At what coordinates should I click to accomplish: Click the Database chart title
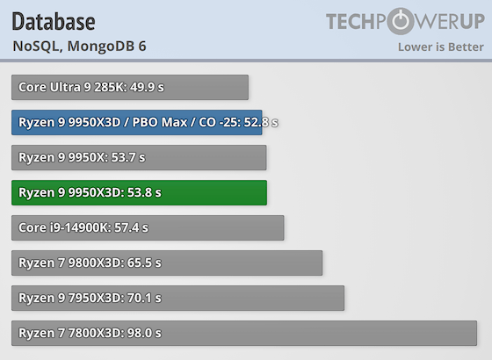[54, 20]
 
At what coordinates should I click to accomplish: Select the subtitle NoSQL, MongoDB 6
[80, 46]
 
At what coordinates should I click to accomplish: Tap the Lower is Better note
[439, 46]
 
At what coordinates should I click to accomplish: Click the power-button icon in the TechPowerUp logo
[400, 21]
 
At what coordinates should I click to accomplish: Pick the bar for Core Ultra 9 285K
[130, 87]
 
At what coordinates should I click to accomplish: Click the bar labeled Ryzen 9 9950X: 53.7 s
[139, 157]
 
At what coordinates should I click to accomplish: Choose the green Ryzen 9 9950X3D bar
[139, 192]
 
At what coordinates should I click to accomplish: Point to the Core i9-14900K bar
[148, 227]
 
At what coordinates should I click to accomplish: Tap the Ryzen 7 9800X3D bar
[167, 263]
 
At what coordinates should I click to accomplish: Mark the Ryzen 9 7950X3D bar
[177, 298]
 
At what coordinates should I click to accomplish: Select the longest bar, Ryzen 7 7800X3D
[244, 333]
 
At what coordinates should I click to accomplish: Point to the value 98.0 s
[144, 333]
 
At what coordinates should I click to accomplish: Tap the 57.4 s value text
[132, 227]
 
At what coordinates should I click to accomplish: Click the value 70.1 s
[144, 298]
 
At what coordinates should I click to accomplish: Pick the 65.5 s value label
[144, 263]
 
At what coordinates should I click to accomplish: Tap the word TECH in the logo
[356, 21]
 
